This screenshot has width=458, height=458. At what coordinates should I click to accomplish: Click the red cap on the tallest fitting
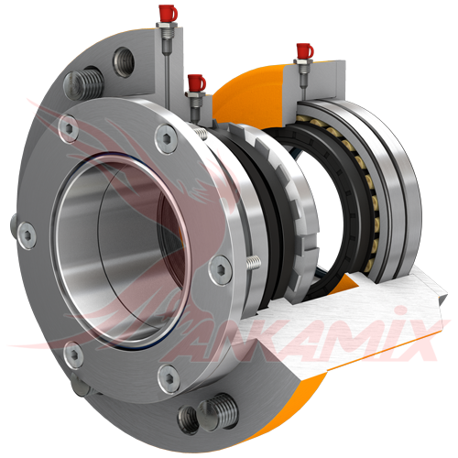(168, 13)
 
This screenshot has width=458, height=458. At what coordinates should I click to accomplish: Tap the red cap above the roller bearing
(304, 51)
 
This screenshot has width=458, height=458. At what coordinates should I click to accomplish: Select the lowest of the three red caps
(196, 83)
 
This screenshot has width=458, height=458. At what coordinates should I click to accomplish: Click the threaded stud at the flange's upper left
(83, 85)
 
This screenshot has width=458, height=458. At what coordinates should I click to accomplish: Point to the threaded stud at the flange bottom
(217, 410)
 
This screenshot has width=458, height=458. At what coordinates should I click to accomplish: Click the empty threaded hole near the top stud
(124, 62)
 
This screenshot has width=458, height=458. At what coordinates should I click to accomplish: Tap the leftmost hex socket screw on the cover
(27, 235)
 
